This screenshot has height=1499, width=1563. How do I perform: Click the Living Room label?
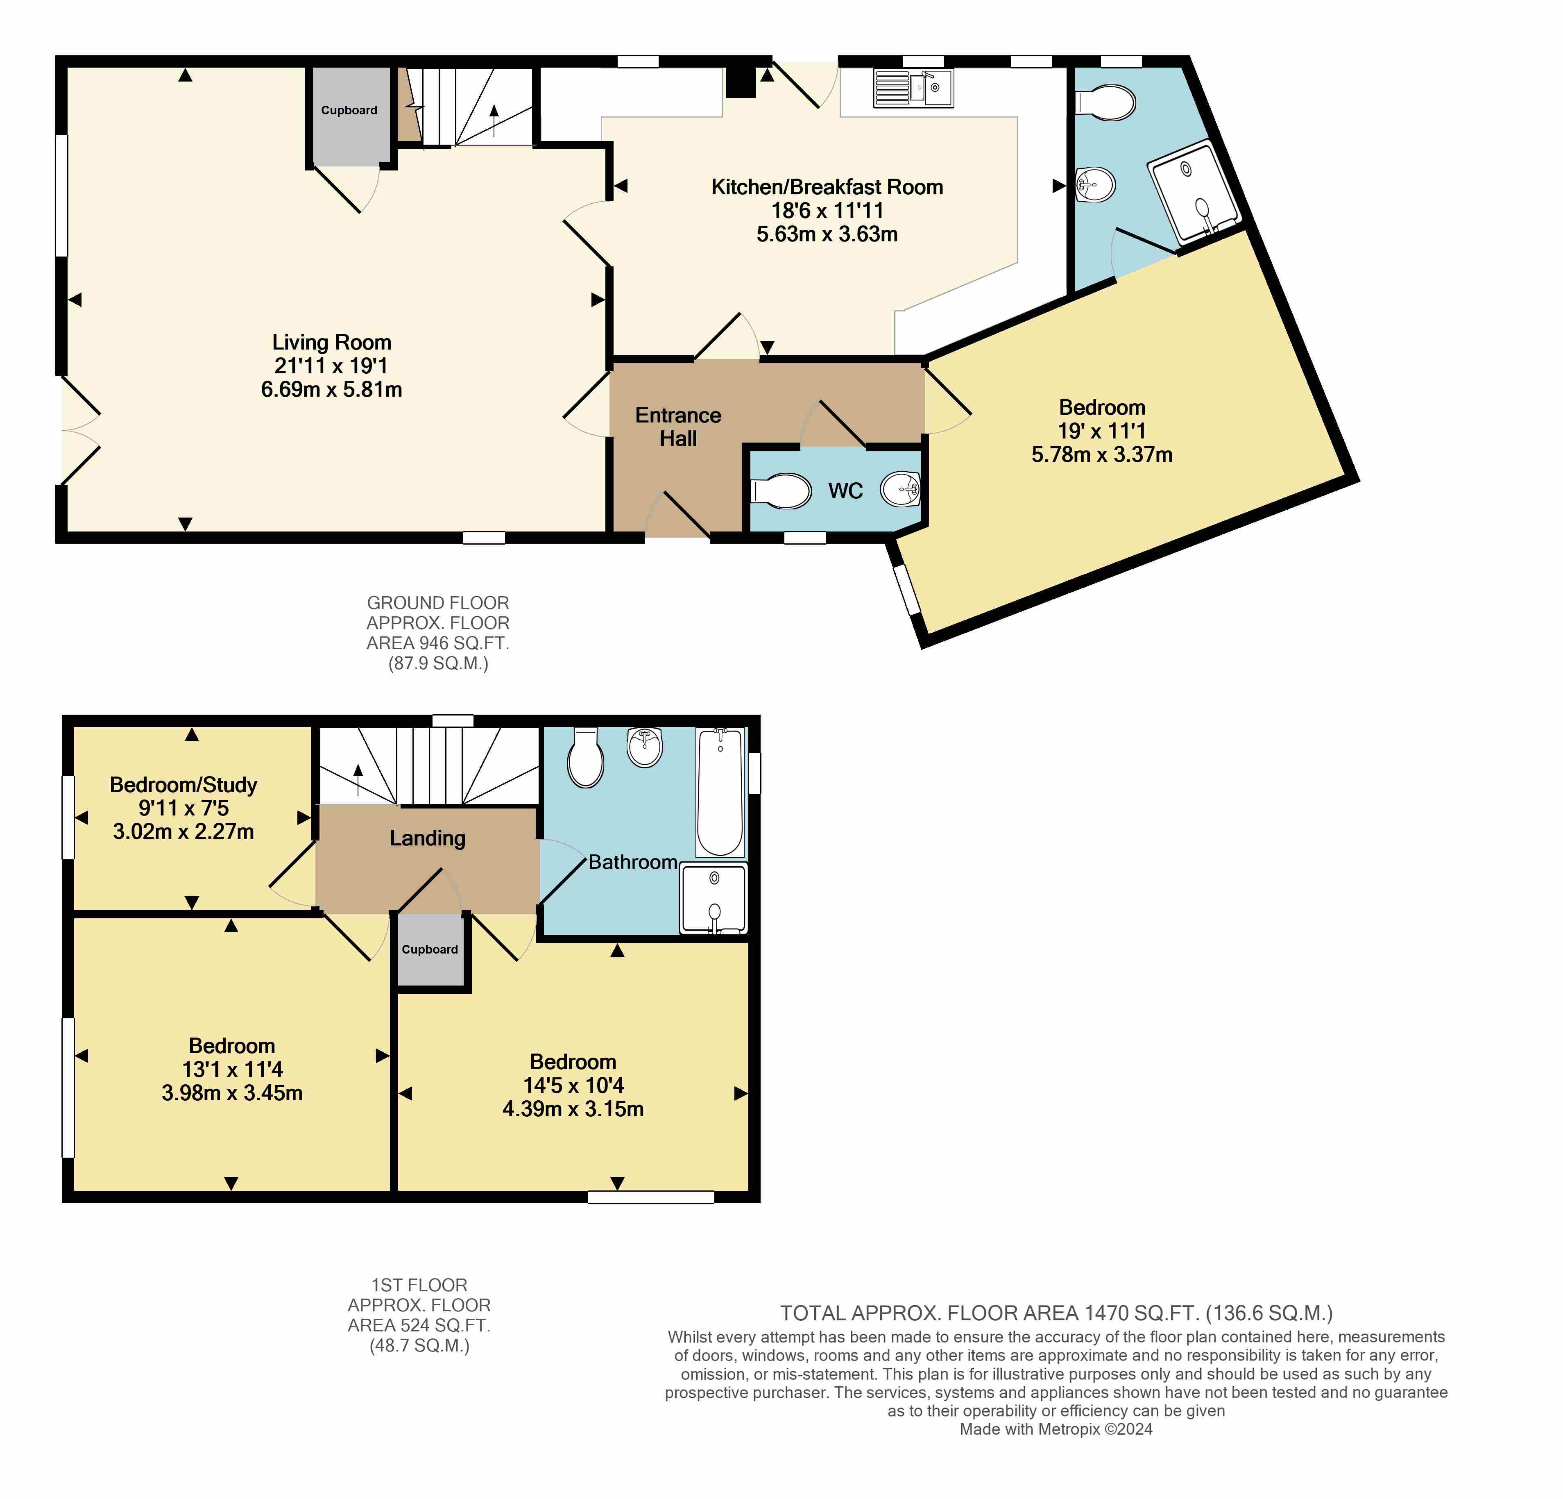click(x=332, y=342)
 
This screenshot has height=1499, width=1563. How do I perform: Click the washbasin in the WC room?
click(x=901, y=489)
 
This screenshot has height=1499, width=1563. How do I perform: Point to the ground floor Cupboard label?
click(x=349, y=110)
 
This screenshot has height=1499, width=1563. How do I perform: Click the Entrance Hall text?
click(x=678, y=427)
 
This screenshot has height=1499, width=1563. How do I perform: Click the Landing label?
click(x=428, y=838)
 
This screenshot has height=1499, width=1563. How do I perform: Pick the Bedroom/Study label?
click(x=183, y=785)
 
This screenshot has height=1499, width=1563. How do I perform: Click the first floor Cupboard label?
click(x=430, y=949)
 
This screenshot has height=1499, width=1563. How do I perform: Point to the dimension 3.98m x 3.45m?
click(x=232, y=1093)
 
